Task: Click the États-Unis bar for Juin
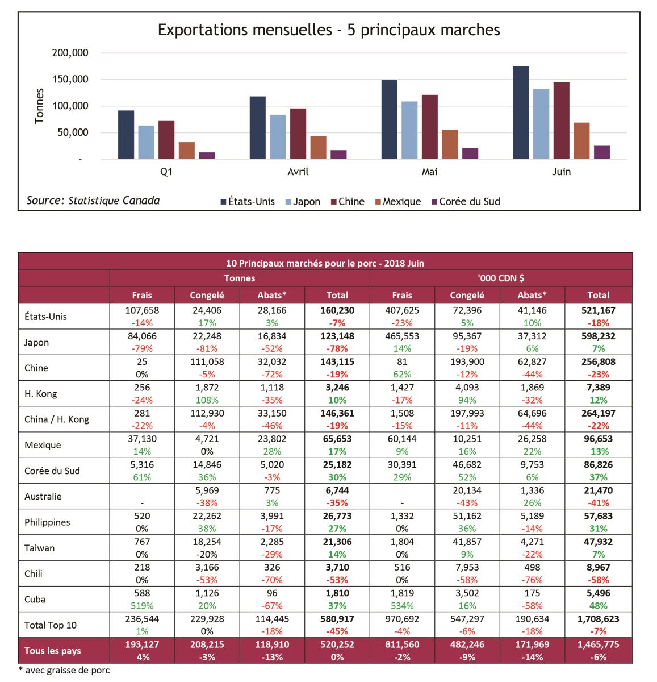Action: pos(521,113)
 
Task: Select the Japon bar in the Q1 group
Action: pos(146,142)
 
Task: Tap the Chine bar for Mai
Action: pos(430,127)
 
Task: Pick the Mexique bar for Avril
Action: pos(319,148)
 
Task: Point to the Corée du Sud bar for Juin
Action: pos(602,152)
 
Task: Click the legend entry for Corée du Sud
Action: pos(466,202)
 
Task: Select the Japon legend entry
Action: pos(303,202)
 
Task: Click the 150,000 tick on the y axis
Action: pos(70,79)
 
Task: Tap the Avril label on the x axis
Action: pos(298,172)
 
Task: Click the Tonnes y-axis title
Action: pos(39,106)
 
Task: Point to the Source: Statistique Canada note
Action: pos(93,201)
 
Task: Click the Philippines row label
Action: pos(47,522)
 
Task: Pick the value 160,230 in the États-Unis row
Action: pos(337,310)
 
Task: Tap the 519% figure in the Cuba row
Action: pos(142,606)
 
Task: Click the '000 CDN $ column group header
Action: pos(501,278)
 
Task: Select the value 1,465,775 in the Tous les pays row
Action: pos(598,644)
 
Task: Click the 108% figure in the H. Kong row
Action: pos(207,400)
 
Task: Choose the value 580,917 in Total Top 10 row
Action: pos(337,619)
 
